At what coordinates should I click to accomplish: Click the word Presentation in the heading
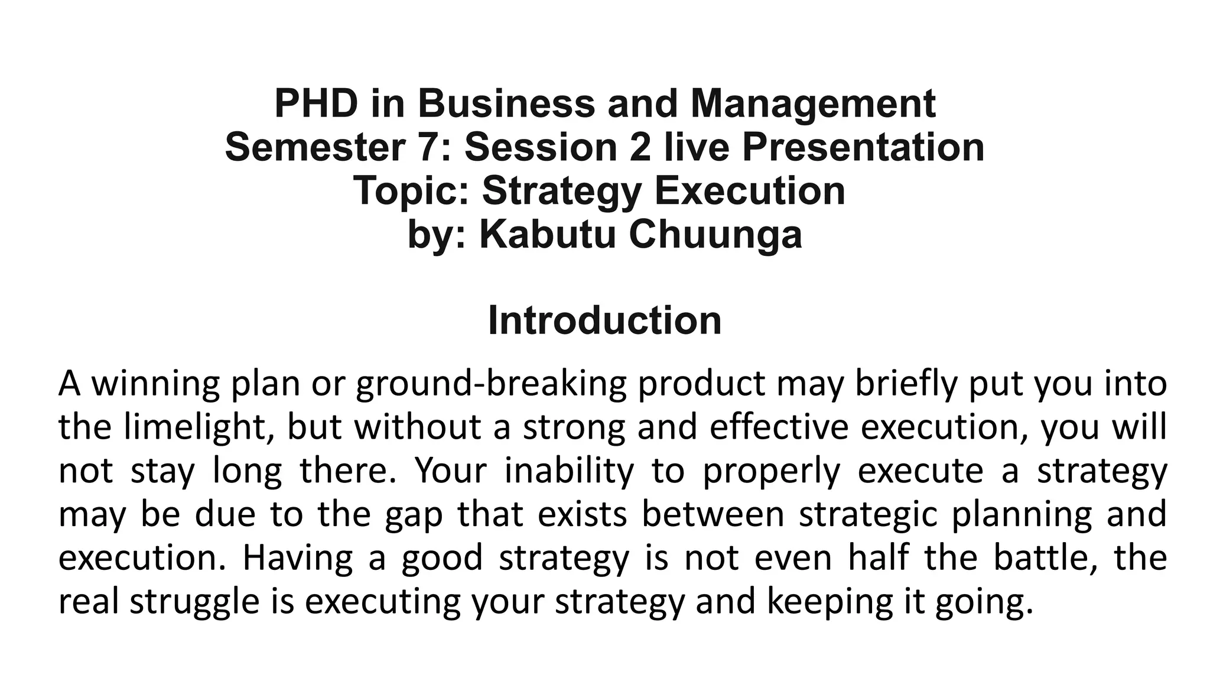pos(863,147)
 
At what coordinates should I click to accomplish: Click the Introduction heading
pos(604,320)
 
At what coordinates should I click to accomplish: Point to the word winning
pos(155,384)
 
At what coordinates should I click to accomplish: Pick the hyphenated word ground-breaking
pos(491,384)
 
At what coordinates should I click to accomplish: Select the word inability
pos(569,471)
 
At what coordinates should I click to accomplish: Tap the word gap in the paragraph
pos(413,514)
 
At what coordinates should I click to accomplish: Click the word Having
pos(297,558)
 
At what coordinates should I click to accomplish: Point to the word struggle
pos(194,602)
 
